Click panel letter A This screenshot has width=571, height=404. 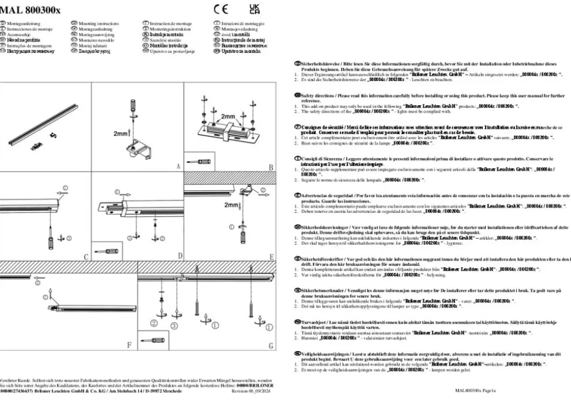[178, 167]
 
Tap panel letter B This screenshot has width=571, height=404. [271, 167]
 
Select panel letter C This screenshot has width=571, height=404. [86, 257]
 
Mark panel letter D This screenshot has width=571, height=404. [180, 257]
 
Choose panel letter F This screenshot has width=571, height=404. [130, 346]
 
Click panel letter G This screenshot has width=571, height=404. [271, 346]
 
